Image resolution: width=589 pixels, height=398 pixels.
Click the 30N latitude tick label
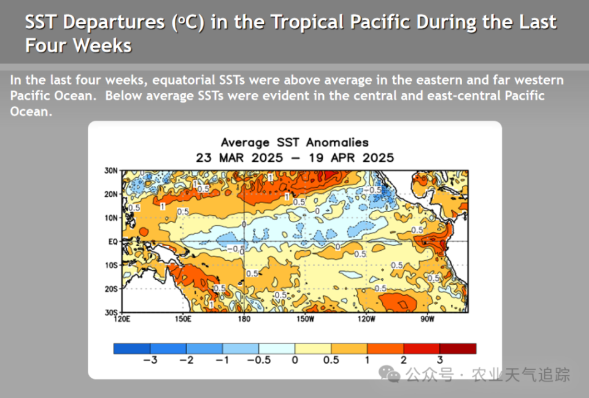tap(111, 170)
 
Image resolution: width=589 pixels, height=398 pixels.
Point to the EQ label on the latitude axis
tap(112, 242)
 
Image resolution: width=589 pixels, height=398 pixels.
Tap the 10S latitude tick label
tap(111, 266)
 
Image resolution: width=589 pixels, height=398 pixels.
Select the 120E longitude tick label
tap(123, 319)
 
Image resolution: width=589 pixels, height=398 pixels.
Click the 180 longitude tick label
tap(244, 319)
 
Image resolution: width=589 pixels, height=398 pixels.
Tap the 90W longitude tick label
tap(428, 319)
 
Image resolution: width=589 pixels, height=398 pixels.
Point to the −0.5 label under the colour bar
tap(258, 360)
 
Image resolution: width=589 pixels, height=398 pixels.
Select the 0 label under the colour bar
tap(295, 360)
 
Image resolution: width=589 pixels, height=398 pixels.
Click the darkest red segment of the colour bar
tap(458, 348)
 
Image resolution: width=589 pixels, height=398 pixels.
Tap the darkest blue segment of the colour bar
tap(131, 348)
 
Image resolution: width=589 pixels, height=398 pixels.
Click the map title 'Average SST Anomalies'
tap(294, 143)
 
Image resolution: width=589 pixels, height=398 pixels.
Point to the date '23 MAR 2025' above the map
tap(239, 158)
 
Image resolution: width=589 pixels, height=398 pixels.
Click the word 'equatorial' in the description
tap(184, 80)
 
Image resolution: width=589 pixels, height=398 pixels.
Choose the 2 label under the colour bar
tap(403, 360)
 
